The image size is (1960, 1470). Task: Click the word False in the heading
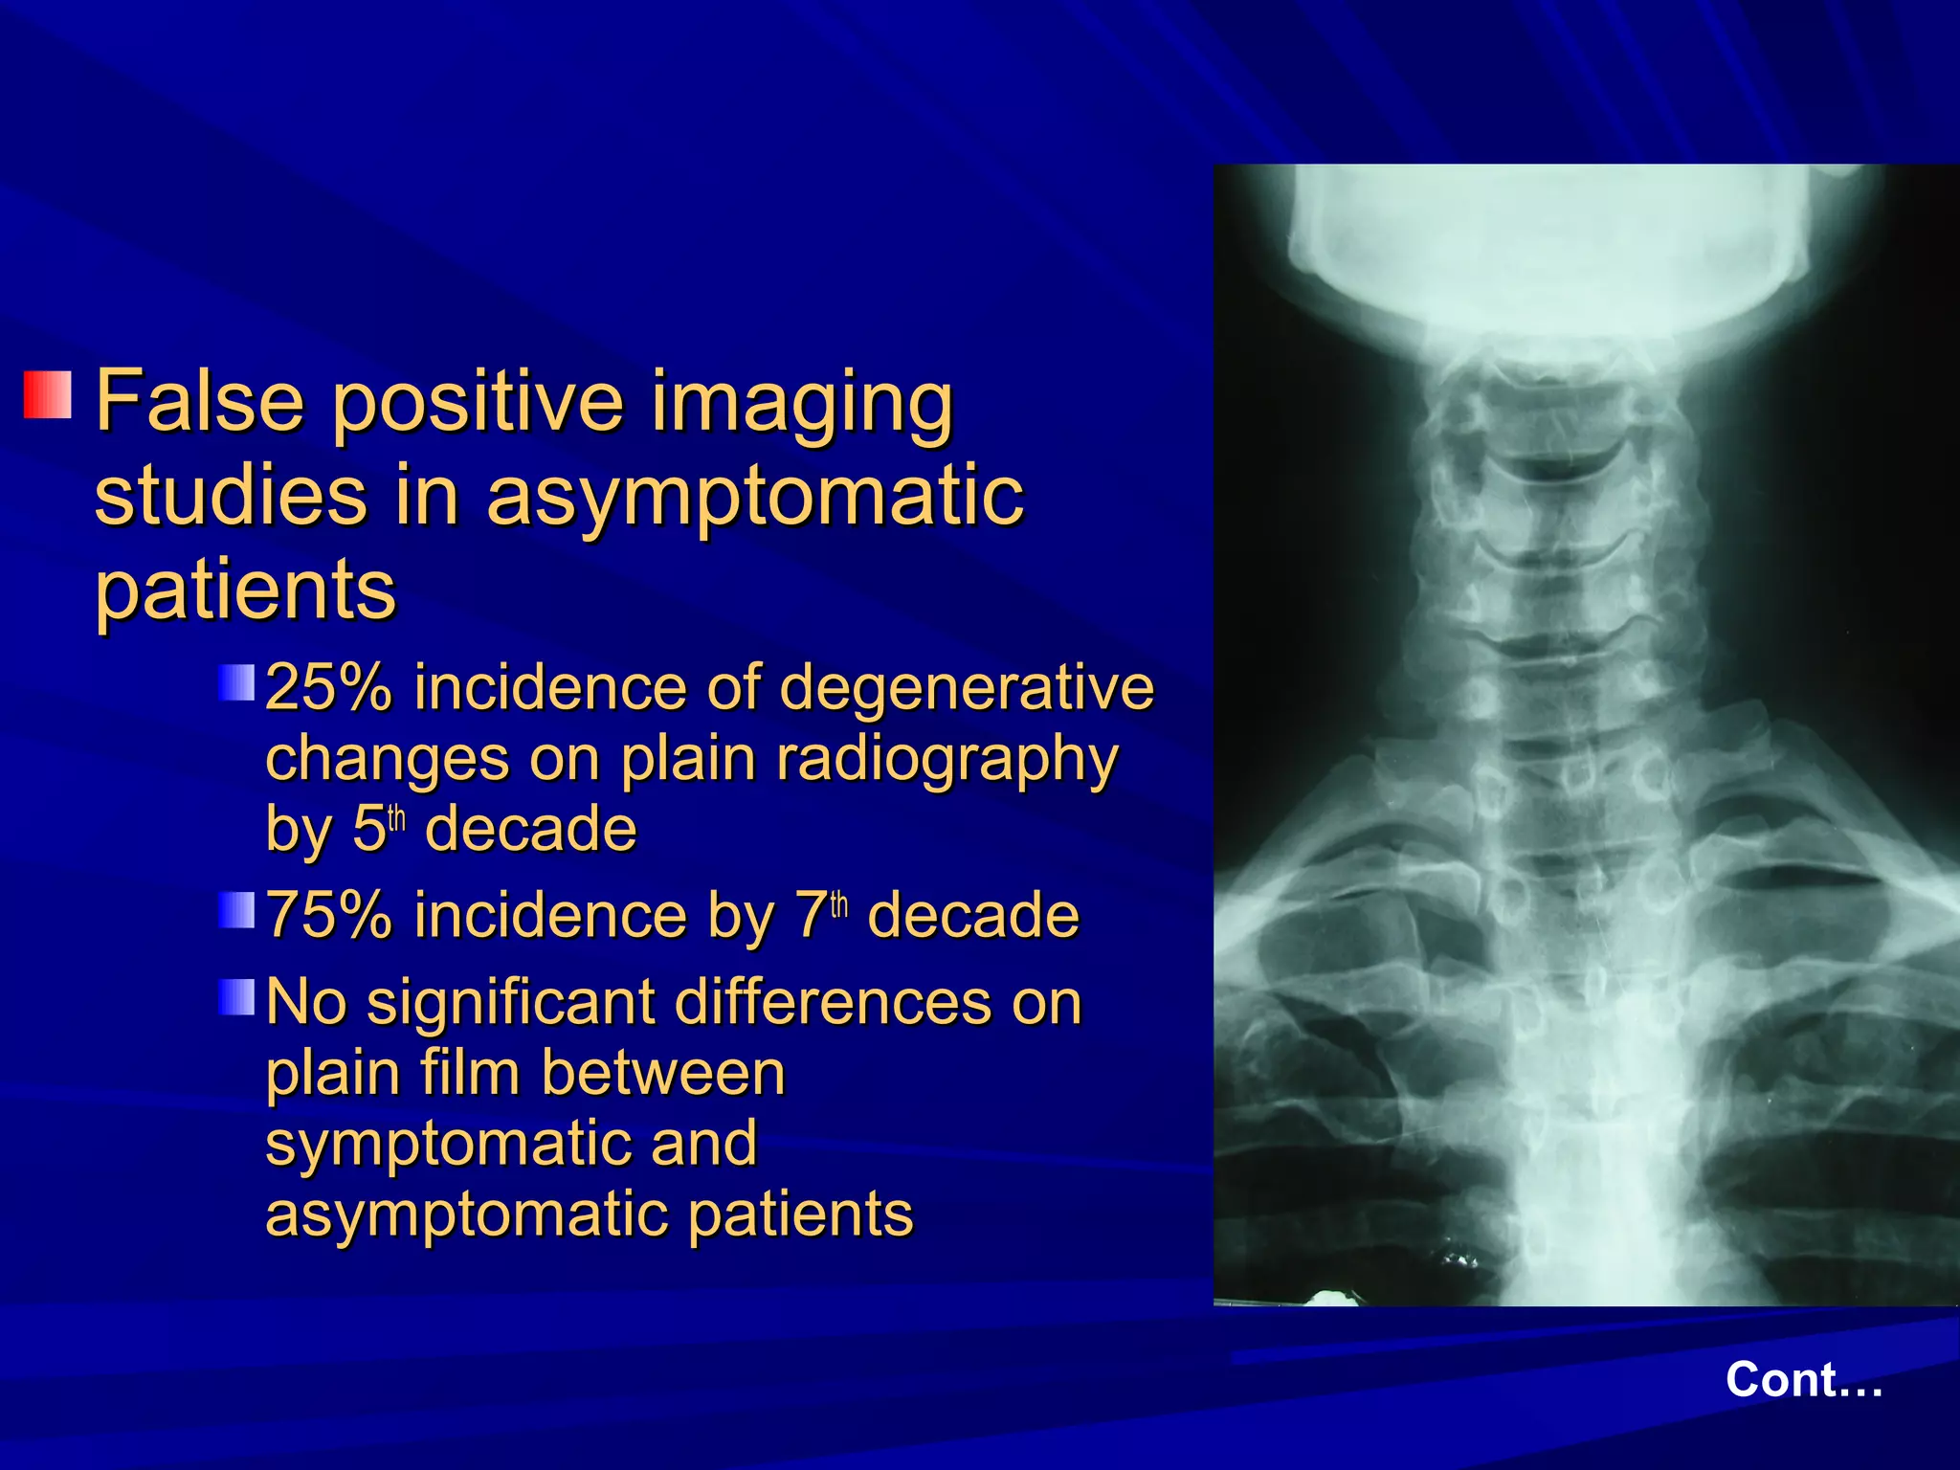point(199,401)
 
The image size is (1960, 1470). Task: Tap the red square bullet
point(48,395)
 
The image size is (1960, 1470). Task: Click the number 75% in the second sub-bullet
point(328,915)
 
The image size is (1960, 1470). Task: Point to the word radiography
point(947,761)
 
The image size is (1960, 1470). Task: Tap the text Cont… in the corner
point(1804,1380)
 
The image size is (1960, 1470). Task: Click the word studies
point(231,495)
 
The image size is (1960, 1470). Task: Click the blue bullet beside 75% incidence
point(235,910)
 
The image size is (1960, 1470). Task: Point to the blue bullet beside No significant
point(235,997)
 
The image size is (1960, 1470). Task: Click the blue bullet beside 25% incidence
point(235,683)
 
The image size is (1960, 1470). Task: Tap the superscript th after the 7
point(839,904)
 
